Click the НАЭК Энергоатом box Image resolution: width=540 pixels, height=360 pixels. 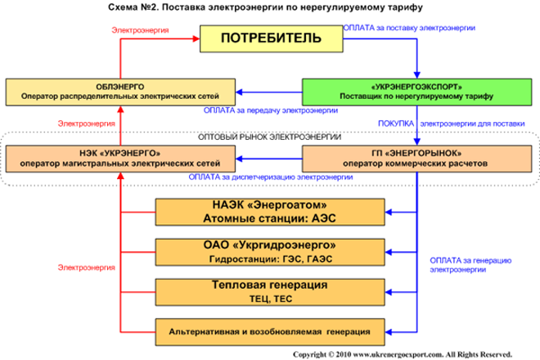click(x=269, y=211)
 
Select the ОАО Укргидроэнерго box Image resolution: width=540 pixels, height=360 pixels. click(x=269, y=250)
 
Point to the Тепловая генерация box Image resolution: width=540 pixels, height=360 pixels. click(x=269, y=291)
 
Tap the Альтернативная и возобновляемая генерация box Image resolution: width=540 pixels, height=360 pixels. click(x=269, y=331)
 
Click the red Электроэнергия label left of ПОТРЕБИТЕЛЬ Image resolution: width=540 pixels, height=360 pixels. click(x=139, y=30)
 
